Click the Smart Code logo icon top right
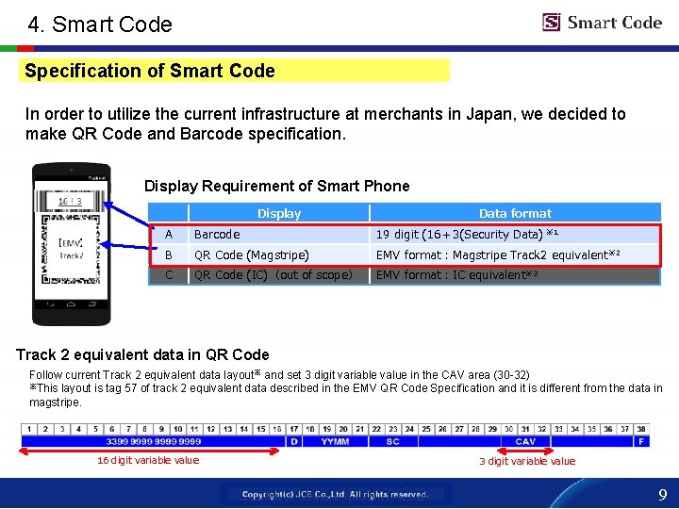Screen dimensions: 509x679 click(x=552, y=23)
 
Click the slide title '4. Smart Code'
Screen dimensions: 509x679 click(x=100, y=25)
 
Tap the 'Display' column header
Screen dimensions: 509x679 click(x=279, y=213)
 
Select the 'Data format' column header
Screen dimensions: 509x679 click(x=515, y=213)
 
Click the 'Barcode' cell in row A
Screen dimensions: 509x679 click(x=217, y=235)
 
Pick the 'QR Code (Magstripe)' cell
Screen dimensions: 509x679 click(x=250, y=254)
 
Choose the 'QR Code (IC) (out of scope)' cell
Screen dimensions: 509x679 click(x=273, y=275)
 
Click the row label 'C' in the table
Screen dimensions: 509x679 click(x=169, y=275)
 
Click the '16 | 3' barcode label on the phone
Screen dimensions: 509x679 click(x=70, y=201)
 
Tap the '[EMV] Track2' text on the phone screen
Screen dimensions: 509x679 click(x=72, y=248)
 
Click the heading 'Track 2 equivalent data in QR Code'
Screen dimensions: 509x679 click(x=142, y=355)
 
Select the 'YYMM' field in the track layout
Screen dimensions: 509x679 click(x=335, y=441)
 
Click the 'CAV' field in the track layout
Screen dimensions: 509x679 click(x=525, y=441)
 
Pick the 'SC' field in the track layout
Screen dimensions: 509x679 click(x=392, y=441)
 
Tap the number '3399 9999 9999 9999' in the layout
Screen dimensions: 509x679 click(x=154, y=441)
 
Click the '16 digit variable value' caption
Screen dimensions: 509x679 click(x=148, y=460)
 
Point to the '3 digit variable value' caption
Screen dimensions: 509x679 click(x=527, y=461)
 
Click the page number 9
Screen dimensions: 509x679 click(x=662, y=494)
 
